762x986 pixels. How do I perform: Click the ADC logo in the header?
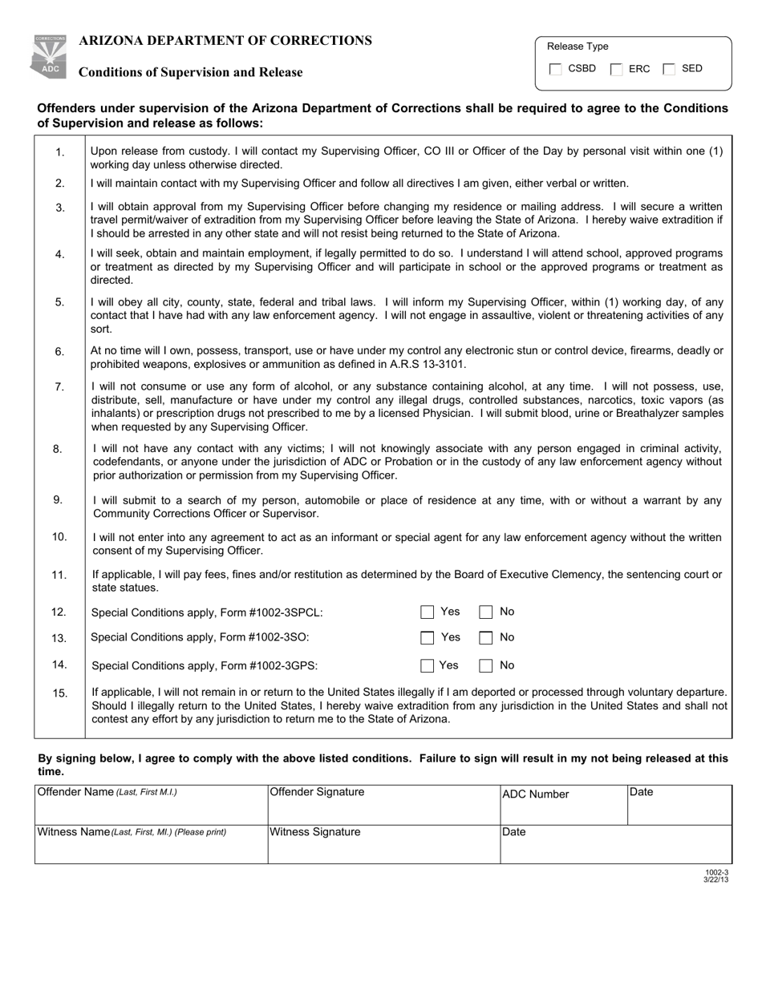coord(50,57)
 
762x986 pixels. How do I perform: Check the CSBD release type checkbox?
coord(556,70)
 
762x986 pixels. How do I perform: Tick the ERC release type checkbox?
coord(617,70)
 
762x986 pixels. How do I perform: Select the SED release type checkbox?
coord(670,70)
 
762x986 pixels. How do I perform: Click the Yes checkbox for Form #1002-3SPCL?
coord(428,612)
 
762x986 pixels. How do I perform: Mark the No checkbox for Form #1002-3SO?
coord(486,638)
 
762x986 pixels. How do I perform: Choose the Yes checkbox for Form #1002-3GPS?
coord(428,665)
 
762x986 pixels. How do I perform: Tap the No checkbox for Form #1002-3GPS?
coord(486,665)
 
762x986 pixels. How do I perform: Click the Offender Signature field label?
coord(317,792)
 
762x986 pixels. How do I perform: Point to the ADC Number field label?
coord(535,794)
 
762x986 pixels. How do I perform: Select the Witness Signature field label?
coord(315,832)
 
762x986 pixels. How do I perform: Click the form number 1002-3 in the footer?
coord(716,872)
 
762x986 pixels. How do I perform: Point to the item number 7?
coord(59,387)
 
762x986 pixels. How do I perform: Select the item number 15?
coord(60,693)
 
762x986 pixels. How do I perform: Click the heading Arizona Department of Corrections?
coord(225,41)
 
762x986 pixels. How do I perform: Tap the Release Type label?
coord(578,46)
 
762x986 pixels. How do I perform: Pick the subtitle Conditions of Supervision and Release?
coord(190,73)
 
